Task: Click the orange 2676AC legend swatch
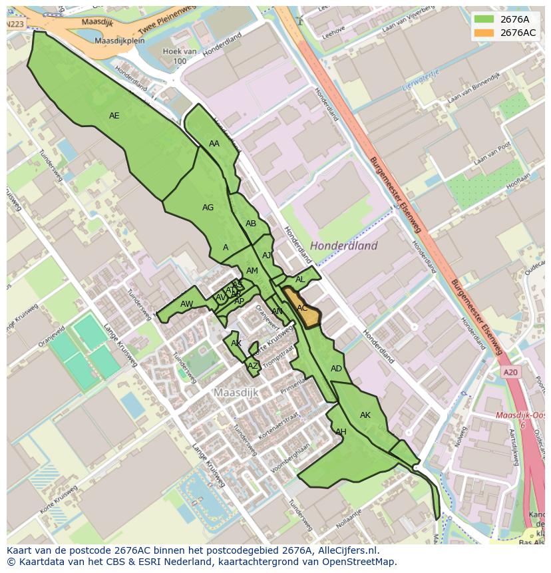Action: point(484,33)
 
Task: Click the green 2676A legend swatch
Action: point(484,19)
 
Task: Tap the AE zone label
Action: point(114,116)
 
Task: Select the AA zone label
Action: point(214,144)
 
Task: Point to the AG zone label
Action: point(208,208)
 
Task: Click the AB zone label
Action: point(251,224)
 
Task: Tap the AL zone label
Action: point(300,280)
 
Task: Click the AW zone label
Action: point(186,304)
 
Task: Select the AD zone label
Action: point(336,369)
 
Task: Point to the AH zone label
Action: point(341,432)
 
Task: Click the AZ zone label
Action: point(252,366)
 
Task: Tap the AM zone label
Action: point(252,271)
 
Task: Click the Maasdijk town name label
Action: point(236,393)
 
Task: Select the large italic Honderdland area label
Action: point(343,246)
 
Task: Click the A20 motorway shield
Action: point(510,373)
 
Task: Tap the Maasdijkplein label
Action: point(120,41)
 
